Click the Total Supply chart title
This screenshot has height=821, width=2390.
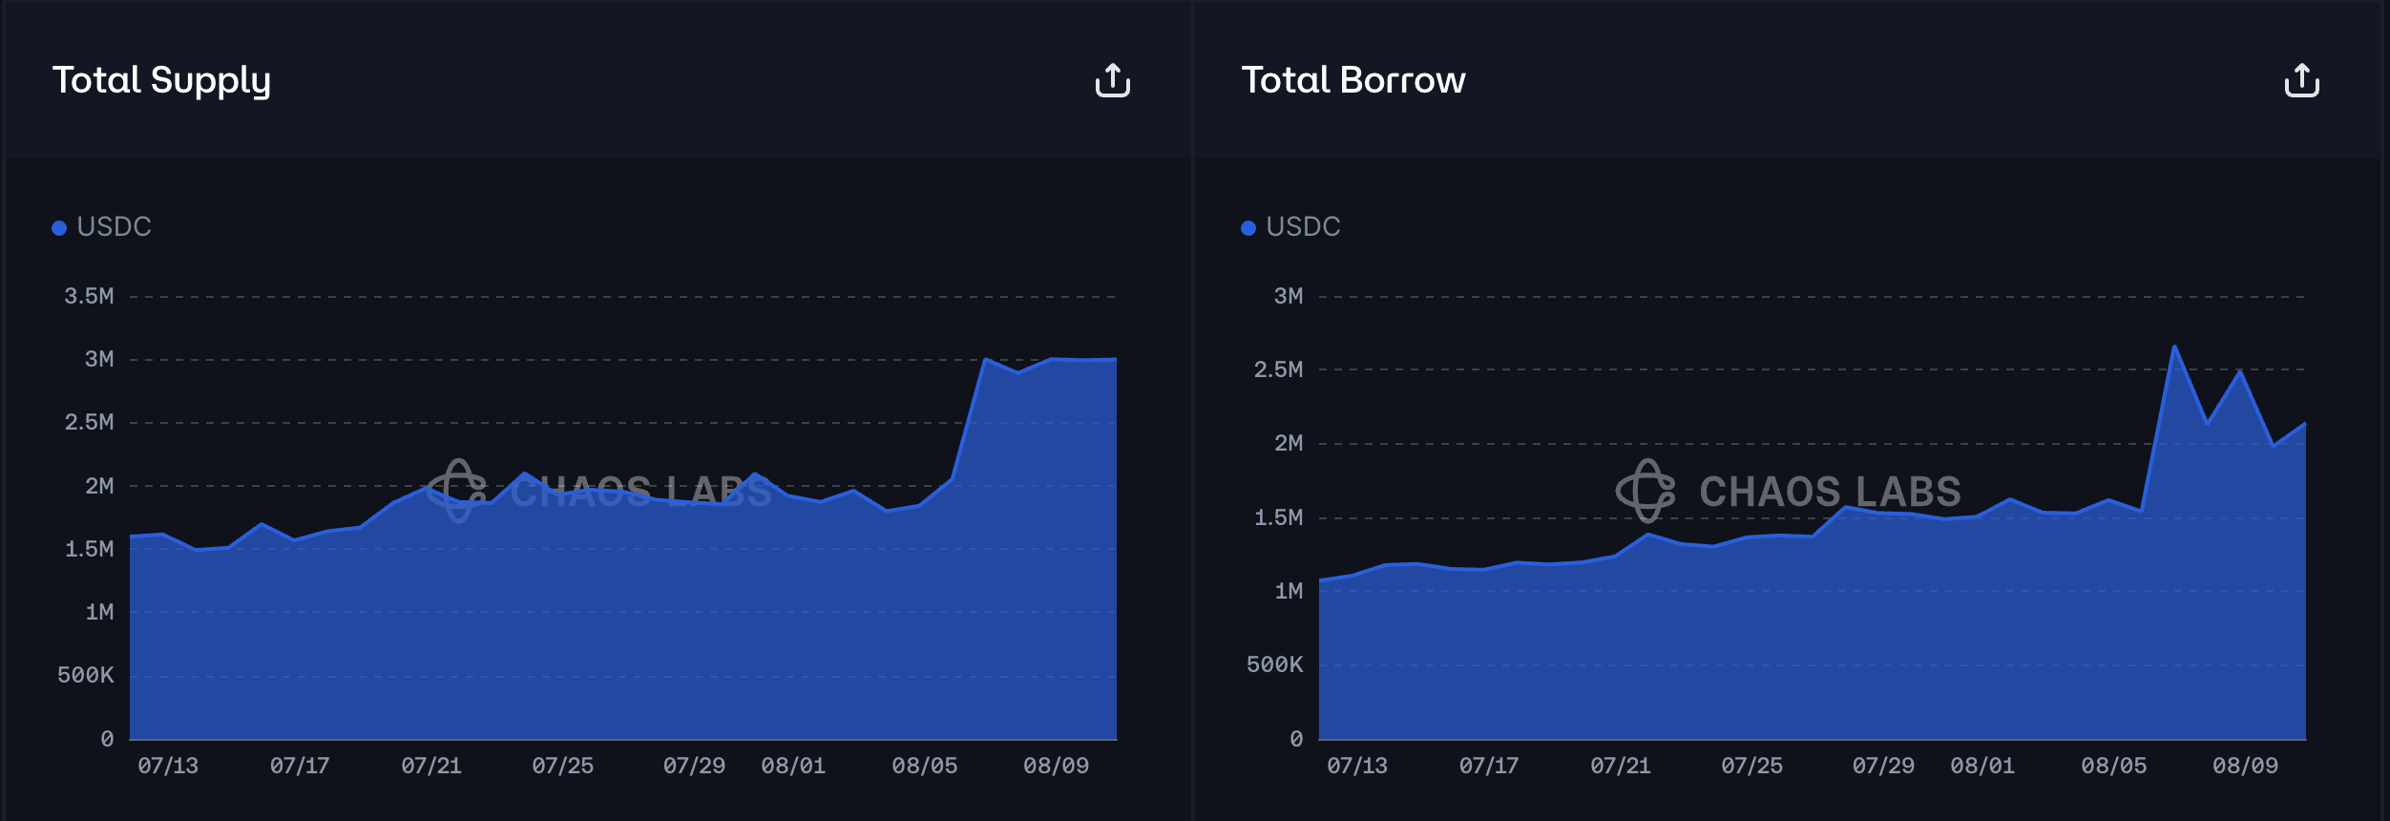(x=161, y=80)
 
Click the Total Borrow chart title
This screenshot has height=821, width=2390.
(x=1352, y=80)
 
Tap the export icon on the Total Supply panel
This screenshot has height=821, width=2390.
(x=1112, y=80)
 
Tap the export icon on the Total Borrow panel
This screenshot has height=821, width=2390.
(x=2301, y=80)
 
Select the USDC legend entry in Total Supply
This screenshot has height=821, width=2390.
(x=102, y=227)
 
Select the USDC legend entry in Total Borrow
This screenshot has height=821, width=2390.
(x=1291, y=227)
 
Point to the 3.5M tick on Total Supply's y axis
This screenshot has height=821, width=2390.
(x=89, y=296)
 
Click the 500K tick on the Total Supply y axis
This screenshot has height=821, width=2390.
(x=86, y=675)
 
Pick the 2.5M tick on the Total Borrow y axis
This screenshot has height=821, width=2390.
(x=1278, y=369)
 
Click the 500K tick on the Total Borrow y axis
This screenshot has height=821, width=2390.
(x=1275, y=664)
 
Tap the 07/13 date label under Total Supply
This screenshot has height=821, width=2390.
(x=168, y=766)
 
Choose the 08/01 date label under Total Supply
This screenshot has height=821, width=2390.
(x=793, y=766)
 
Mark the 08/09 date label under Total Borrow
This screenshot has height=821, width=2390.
(x=2245, y=766)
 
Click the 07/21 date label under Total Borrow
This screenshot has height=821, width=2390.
(x=1621, y=766)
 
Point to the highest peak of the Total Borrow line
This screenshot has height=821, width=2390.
(x=2174, y=347)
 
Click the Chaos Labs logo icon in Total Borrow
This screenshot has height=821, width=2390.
(x=1646, y=491)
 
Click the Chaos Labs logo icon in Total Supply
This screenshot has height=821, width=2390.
(x=457, y=491)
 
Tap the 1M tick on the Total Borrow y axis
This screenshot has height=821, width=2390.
(x=1289, y=591)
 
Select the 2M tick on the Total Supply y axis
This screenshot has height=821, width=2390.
(x=99, y=486)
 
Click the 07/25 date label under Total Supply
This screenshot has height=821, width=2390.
(x=563, y=766)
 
